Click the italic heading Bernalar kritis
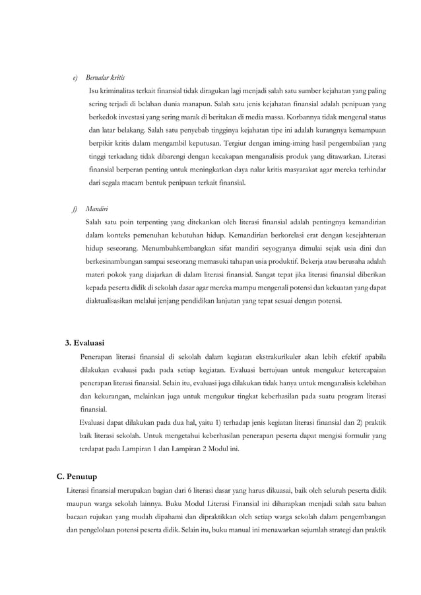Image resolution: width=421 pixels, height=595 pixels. coord(106,77)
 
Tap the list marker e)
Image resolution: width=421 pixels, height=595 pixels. coord(75,77)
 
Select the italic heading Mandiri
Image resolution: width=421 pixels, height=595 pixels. coord(97,210)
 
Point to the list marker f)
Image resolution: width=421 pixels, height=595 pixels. coord(75,210)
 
